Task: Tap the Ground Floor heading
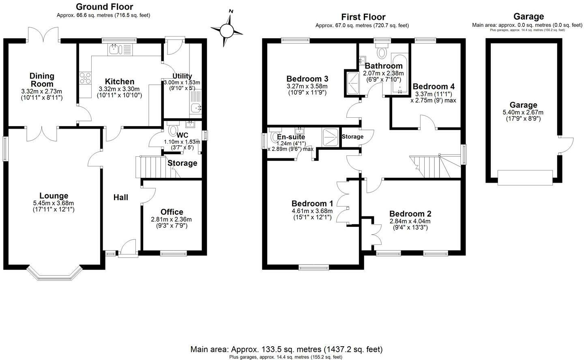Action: tap(104, 7)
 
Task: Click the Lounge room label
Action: tap(54, 196)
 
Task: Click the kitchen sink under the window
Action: tap(113, 50)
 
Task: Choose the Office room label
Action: tap(172, 212)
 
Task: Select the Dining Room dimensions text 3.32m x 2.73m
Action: tap(41, 91)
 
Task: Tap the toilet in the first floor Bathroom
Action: tap(381, 52)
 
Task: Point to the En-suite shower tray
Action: tap(331, 137)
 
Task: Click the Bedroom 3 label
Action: tap(307, 79)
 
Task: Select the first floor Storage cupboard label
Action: tap(352, 137)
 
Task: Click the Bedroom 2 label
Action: tap(410, 214)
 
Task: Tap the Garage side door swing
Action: tap(566, 144)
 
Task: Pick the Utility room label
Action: tap(182, 76)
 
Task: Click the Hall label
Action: tap(120, 197)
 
